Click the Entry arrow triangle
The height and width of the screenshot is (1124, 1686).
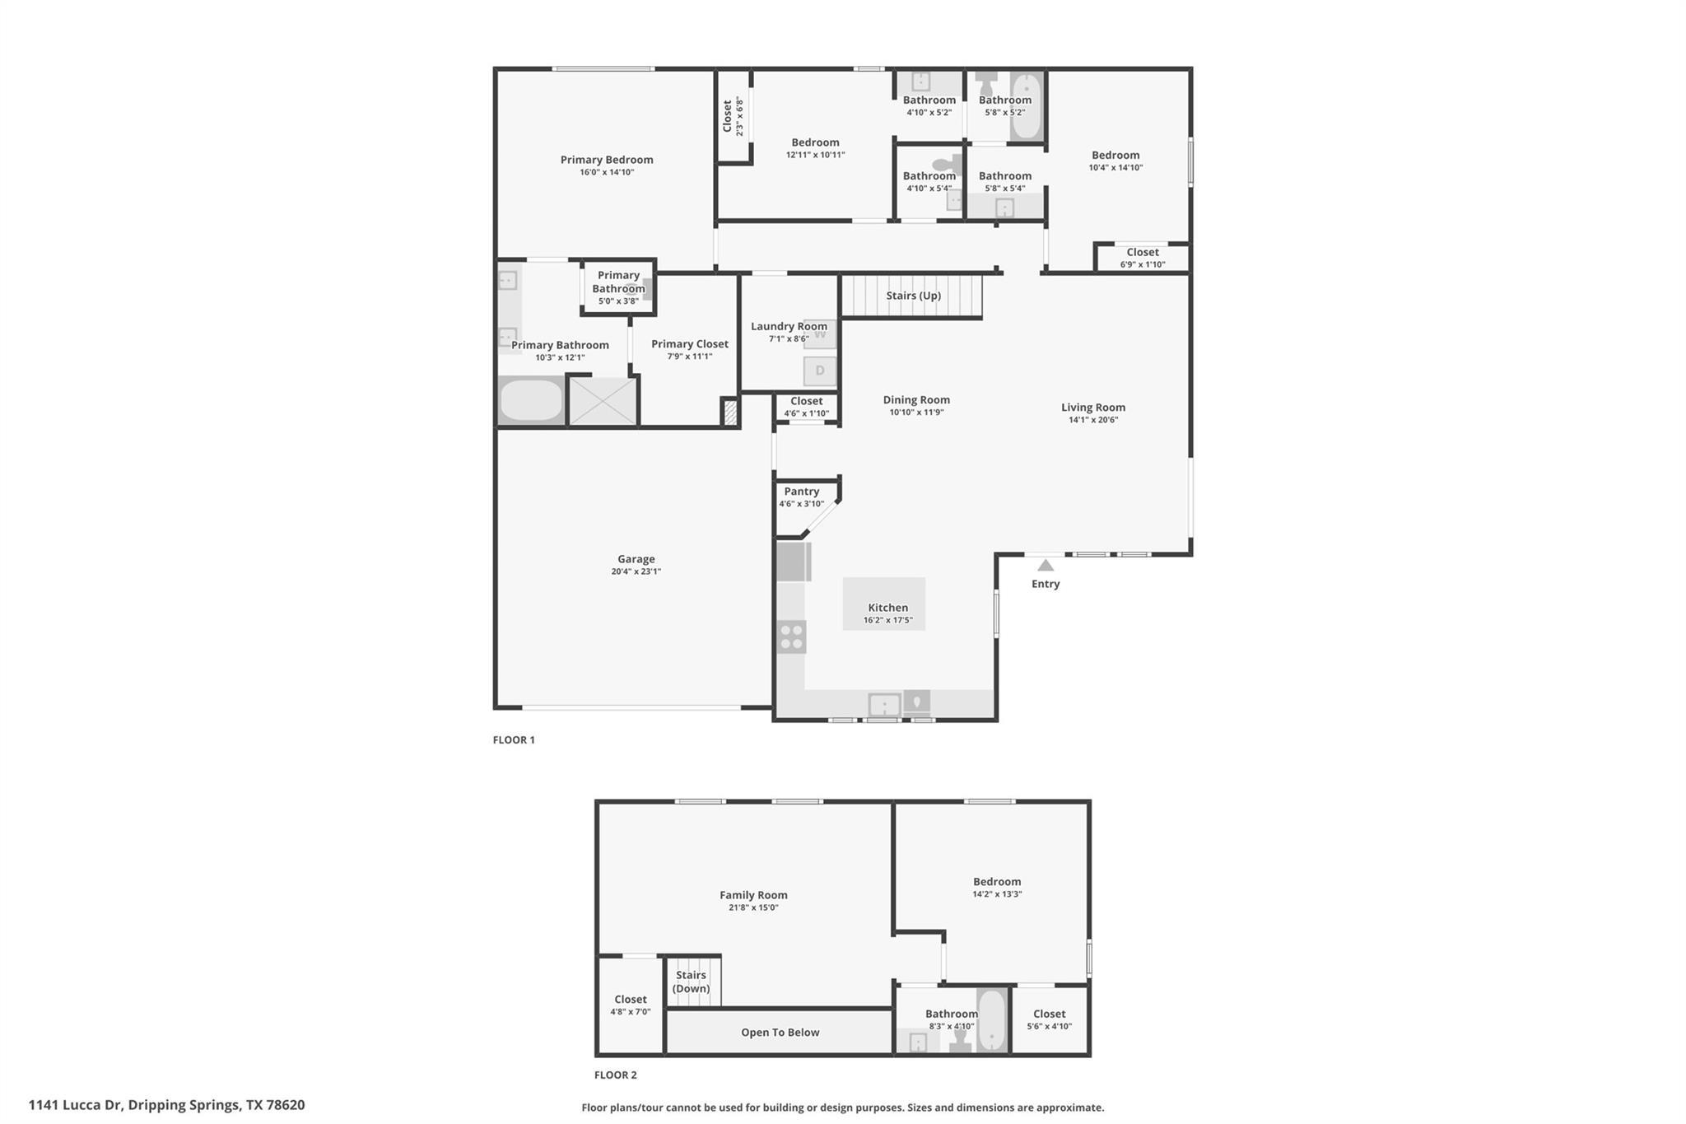[x=1046, y=566]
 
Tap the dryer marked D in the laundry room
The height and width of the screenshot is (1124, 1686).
[x=820, y=371]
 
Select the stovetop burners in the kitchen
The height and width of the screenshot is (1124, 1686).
[x=792, y=637]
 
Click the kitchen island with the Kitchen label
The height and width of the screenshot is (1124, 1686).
[x=883, y=604]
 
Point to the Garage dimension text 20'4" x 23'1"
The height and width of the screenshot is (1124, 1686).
[x=636, y=571]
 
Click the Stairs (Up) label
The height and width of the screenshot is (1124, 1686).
[x=913, y=296]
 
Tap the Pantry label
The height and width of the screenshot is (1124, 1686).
[x=801, y=492]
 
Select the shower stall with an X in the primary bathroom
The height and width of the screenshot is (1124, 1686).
[x=603, y=401]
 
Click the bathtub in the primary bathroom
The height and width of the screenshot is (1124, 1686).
[x=531, y=401]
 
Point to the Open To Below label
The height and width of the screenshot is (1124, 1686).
[x=780, y=1033]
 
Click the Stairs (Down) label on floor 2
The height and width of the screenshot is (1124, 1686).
[x=691, y=982]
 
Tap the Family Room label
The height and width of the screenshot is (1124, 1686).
[x=753, y=895]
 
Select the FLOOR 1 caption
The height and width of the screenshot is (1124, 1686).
[x=514, y=740]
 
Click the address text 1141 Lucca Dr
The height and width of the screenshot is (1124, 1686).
[x=166, y=1105]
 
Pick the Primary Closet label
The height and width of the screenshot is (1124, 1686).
[x=689, y=344]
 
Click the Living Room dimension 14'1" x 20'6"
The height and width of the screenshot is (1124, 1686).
[x=1092, y=420]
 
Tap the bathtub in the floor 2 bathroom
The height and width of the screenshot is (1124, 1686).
[x=992, y=1019]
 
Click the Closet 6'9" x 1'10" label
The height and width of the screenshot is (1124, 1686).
[x=1142, y=253]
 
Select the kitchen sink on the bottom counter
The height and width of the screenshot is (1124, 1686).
[x=884, y=705]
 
